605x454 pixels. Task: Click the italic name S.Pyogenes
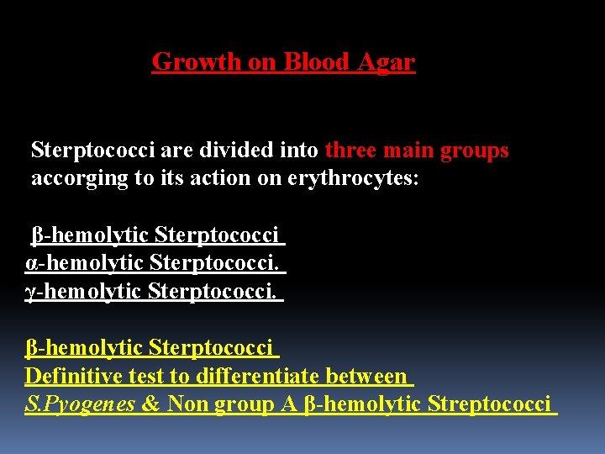click(x=80, y=404)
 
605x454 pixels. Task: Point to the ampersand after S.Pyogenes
click(x=151, y=404)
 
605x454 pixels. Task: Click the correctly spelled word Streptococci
click(x=489, y=404)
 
